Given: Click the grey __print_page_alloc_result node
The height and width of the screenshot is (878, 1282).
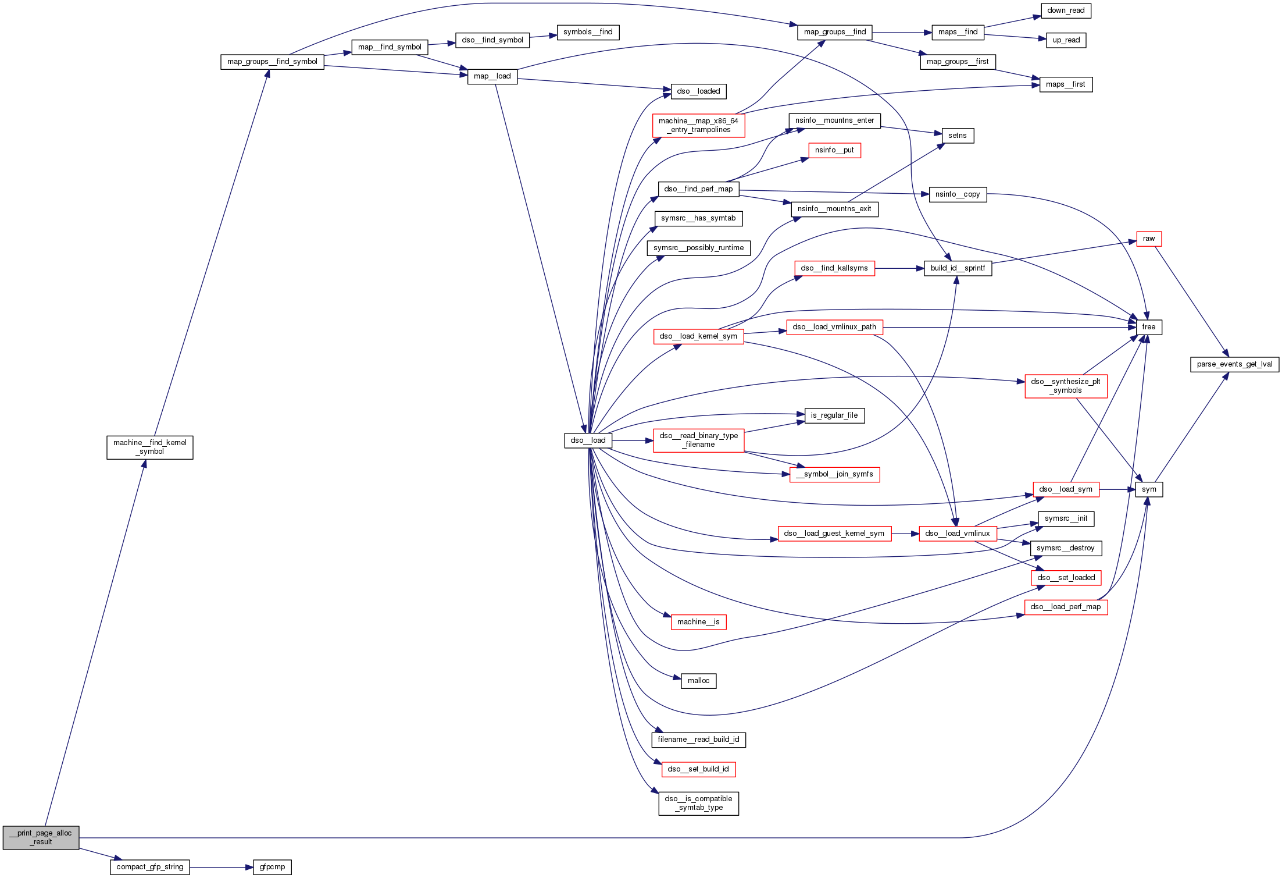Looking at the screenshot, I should click(x=41, y=837).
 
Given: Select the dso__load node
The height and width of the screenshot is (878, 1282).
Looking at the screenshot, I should click(x=588, y=440).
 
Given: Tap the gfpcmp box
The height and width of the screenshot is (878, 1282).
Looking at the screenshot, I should click(x=272, y=867).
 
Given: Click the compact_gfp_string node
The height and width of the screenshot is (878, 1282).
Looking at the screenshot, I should click(x=150, y=867).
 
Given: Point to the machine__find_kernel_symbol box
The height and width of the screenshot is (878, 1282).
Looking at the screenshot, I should click(x=150, y=447).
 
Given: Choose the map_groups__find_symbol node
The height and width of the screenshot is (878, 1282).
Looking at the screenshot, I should click(x=272, y=62).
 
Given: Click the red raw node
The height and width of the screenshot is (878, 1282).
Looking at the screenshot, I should click(x=1149, y=239).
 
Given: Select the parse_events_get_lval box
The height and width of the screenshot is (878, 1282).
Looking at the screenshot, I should click(x=1234, y=364).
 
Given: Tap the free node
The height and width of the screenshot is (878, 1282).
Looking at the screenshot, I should click(x=1149, y=327).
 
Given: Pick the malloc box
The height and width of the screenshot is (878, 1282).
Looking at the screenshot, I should click(x=698, y=681).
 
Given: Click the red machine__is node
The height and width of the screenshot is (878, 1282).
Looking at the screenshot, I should click(x=698, y=622).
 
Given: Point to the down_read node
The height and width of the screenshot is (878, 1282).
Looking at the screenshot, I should click(x=1066, y=10).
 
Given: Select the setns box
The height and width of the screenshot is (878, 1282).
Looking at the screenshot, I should click(x=958, y=136).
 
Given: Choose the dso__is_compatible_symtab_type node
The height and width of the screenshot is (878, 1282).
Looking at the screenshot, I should click(x=698, y=803).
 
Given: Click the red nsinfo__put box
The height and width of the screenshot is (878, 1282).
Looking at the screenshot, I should click(x=834, y=150).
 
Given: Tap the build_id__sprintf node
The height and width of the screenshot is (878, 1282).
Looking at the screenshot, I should click(x=958, y=268).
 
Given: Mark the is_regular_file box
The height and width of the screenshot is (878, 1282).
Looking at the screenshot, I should click(x=834, y=415).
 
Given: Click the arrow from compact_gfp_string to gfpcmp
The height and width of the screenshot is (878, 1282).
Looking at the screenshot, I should click(x=221, y=867).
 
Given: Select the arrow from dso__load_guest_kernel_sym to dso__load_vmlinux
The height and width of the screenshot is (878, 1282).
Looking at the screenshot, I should click(x=905, y=534).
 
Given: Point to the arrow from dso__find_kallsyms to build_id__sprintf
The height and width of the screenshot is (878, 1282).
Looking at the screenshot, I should click(x=899, y=268).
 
